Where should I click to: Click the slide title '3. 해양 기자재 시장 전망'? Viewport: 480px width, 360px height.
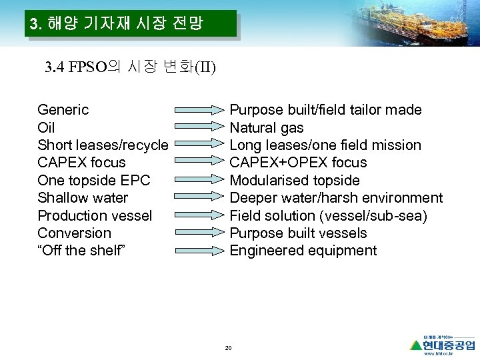(x=117, y=25)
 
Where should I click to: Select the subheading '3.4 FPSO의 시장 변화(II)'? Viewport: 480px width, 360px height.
(x=130, y=67)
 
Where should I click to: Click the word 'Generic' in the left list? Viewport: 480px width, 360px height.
(x=63, y=109)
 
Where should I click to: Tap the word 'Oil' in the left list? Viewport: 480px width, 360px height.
(x=46, y=127)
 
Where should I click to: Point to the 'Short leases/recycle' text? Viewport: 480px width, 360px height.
(x=103, y=145)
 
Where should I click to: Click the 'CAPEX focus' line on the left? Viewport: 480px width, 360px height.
(x=81, y=163)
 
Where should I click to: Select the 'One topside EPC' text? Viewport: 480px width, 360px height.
(x=94, y=180)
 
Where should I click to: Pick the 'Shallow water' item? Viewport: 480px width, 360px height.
(x=83, y=198)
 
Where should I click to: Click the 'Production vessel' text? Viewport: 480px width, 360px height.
(x=95, y=215)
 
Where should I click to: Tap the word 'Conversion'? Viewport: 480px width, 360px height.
(x=74, y=233)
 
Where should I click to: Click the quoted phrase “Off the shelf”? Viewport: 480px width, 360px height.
(x=81, y=251)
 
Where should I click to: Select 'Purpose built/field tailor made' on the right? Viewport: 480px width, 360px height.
(x=325, y=109)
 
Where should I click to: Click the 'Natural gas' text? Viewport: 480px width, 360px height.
(x=266, y=127)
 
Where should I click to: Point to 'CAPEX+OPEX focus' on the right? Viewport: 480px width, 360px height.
(x=298, y=163)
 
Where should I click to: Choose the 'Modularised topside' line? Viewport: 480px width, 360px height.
(x=294, y=180)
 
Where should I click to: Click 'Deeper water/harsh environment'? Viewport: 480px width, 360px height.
(x=335, y=198)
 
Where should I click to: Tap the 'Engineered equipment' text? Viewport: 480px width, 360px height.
(x=303, y=251)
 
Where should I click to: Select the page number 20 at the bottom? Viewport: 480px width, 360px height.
(x=228, y=348)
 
